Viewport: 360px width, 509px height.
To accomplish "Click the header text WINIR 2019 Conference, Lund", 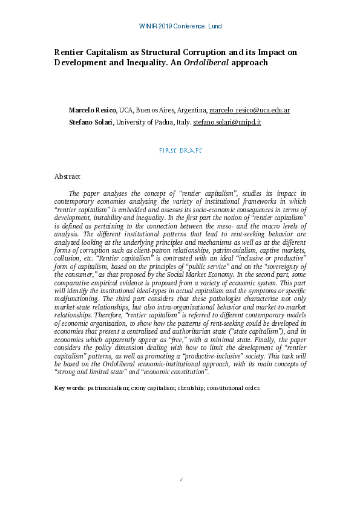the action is (x=180, y=27).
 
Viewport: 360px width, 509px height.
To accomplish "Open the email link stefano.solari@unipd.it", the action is (x=227, y=122).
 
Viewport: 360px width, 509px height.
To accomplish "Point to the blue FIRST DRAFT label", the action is (x=180, y=150).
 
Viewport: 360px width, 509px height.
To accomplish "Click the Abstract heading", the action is (x=67, y=177).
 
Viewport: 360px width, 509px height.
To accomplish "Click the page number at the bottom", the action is (x=182, y=480).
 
